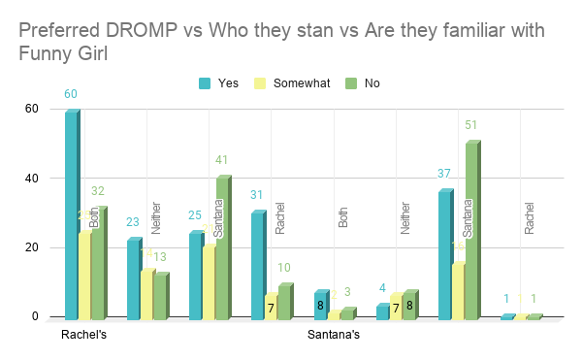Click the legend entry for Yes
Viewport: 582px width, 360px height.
[x=224, y=82]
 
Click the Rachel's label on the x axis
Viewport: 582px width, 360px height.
[x=82, y=336]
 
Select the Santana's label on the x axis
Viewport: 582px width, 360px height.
[x=334, y=336]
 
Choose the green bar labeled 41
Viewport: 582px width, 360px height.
[x=222, y=248]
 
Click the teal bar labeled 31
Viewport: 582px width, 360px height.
[x=257, y=266]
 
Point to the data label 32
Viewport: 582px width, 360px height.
[x=97, y=191]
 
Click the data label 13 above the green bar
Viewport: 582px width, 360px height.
[x=159, y=257]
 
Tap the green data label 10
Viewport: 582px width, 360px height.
[x=284, y=268]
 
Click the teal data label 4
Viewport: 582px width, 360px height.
[x=382, y=288]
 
